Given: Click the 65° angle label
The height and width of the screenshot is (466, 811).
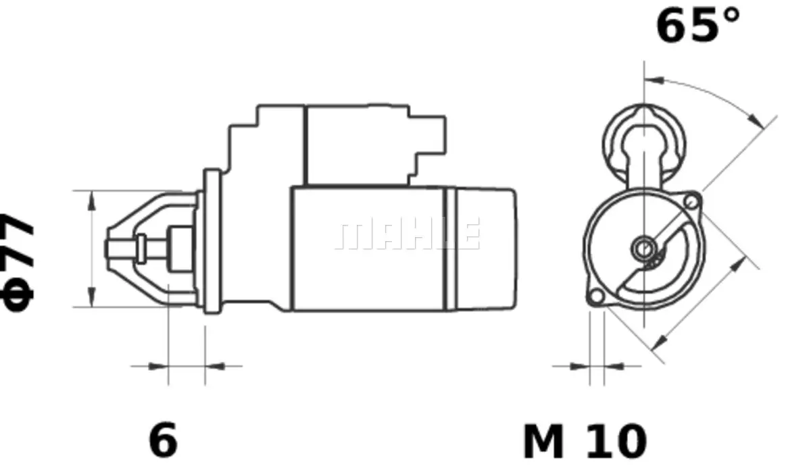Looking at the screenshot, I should [x=697, y=26].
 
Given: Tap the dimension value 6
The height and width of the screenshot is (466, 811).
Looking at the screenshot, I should [x=163, y=440].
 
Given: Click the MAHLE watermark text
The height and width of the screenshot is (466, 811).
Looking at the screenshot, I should [x=408, y=234].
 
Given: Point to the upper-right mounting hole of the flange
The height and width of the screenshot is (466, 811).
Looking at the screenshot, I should [x=691, y=201].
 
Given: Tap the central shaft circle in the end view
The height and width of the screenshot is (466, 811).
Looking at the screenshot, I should [x=643, y=249].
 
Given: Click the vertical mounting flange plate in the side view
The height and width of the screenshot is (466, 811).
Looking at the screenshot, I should [x=212, y=242].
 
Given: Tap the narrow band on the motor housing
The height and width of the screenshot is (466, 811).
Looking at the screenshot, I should [x=451, y=249].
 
